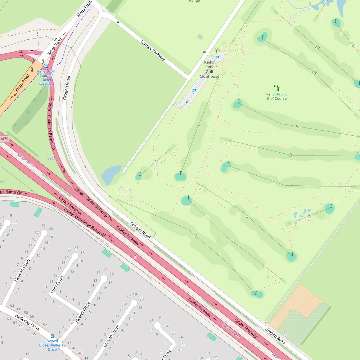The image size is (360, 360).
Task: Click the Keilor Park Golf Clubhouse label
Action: [x=210, y=69]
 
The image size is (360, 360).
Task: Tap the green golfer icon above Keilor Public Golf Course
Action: [x=276, y=88]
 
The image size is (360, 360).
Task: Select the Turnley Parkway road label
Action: [x=153, y=50]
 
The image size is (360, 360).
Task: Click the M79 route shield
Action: [x=4, y=139]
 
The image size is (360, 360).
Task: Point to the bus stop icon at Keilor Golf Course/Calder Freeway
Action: [x=46, y=67]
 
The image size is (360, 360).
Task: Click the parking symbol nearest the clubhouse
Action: [x=217, y=58]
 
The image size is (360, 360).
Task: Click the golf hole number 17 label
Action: [x=317, y=48]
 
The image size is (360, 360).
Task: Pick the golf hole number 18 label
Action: [x=315, y=73]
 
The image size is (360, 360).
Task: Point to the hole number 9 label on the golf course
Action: [x=297, y=126]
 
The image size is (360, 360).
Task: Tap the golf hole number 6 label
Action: [x=309, y=216]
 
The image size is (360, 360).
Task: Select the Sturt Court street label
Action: [x=58, y=285]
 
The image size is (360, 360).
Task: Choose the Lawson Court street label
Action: [x=111, y=337]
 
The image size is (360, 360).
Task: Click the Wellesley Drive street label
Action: [x=27, y=322]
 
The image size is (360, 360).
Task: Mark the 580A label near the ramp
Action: [x=51, y=158]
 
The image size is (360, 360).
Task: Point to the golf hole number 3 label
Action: [x=195, y=236]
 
